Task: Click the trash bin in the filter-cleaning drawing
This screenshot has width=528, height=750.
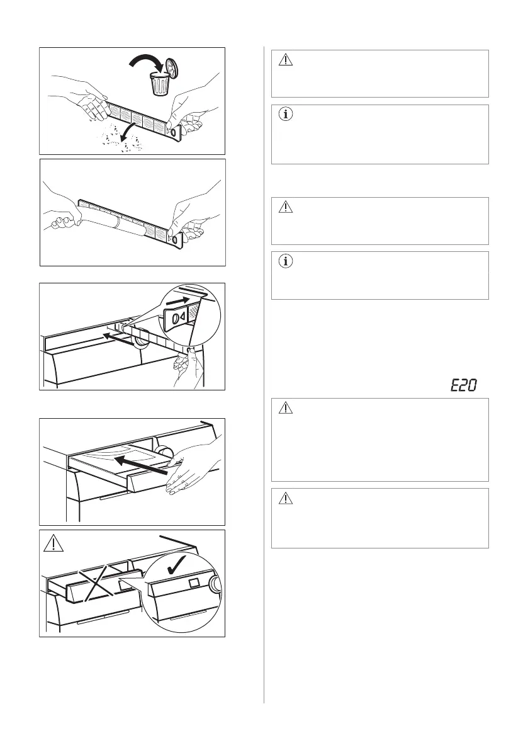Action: click(x=160, y=84)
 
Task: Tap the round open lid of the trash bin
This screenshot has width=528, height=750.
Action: click(x=172, y=67)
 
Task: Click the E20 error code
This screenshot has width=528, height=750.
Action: click(x=463, y=385)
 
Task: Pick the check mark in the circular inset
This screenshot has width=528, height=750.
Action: click(x=177, y=565)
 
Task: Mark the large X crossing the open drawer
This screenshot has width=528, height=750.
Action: click(x=99, y=581)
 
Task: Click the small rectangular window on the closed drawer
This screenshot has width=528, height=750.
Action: click(x=193, y=584)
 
